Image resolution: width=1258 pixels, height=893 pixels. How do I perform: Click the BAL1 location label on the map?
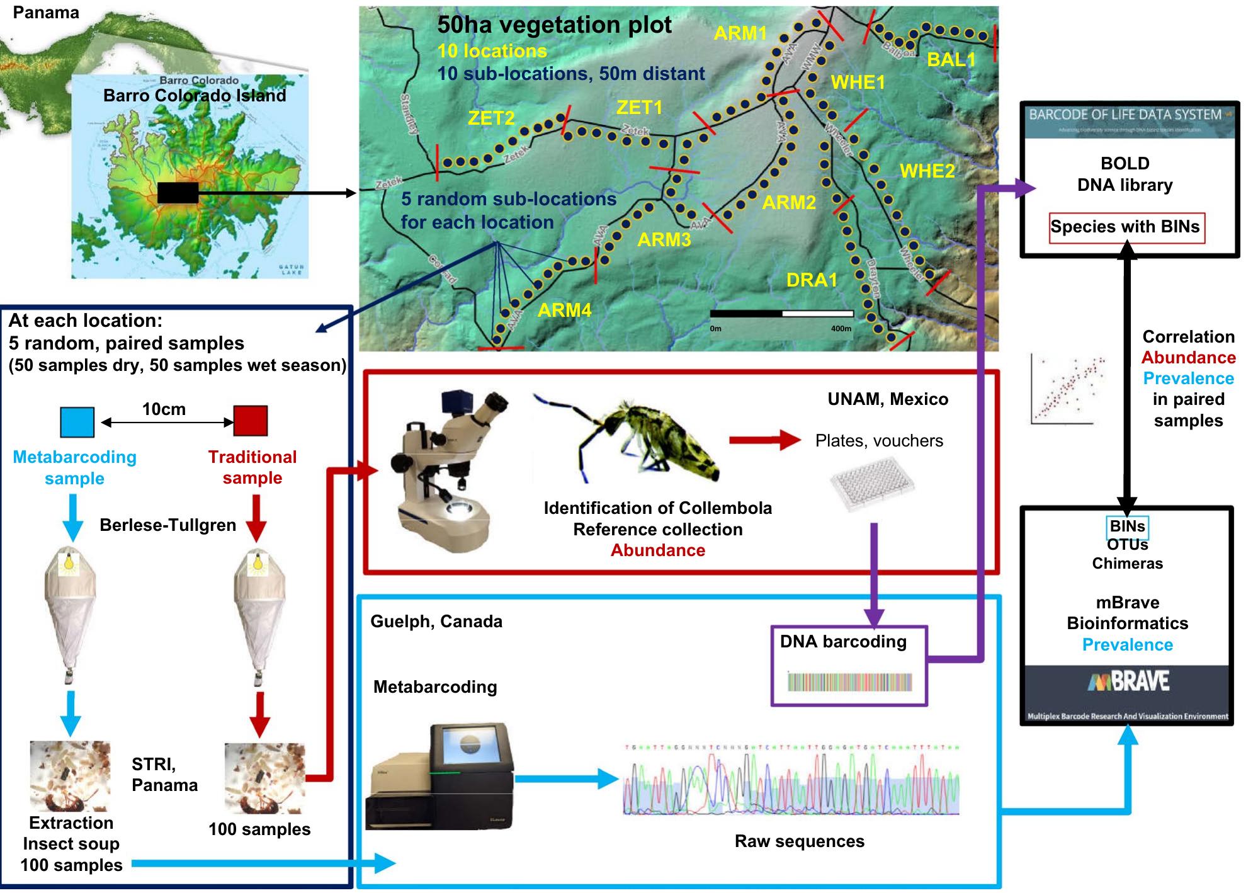[x=951, y=60]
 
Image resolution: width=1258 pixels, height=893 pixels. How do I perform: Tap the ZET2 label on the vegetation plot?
[x=491, y=118]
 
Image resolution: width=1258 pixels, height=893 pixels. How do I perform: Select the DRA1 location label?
[x=812, y=280]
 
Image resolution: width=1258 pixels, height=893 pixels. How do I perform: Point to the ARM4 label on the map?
[x=564, y=310]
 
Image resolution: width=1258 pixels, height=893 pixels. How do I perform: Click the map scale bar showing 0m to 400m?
[x=781, y=314]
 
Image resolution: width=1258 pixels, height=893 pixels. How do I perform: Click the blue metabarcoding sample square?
[x=77, y=422]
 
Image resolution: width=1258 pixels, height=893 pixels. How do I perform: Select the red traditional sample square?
[x=251, y=421]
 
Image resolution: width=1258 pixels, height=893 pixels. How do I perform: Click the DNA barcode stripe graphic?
[x=849, y=682]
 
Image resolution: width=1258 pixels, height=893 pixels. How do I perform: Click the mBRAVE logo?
[x=1127, y=681]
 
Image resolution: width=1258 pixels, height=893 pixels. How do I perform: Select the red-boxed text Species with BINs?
[x=1126, y=227]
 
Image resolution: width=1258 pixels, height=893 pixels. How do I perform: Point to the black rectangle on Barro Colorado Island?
[x=178, y=193]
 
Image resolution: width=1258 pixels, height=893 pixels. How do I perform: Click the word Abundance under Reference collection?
[x=657, y=550]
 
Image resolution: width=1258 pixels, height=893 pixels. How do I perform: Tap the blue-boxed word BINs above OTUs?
[x=1127, y=526]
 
